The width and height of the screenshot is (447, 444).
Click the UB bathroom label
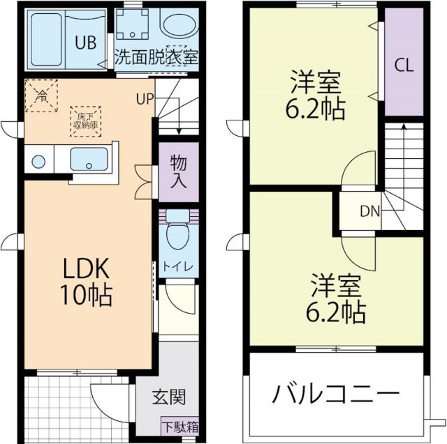click(x=86, y=41)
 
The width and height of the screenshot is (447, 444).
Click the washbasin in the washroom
click(x=180, y=26)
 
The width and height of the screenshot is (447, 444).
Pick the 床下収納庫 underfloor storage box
click(x=85, y=121)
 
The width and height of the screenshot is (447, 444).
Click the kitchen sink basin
click(x=89, y=160)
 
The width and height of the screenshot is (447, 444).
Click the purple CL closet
click(x=404, y=65)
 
